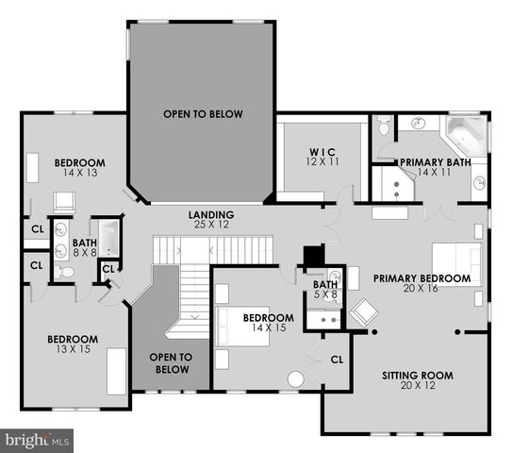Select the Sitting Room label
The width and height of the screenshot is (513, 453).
(418, 380)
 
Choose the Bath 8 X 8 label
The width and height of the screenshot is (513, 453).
(85, 247)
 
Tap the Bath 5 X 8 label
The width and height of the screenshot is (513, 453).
(325, 290)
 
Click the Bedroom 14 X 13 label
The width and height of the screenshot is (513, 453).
(79, 168)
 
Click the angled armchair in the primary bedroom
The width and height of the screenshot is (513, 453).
(363, 311)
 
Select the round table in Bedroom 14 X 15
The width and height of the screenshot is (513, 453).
(295, 379)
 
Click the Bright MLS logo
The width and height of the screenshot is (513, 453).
(38, 439)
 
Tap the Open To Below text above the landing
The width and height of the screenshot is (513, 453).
(203, 114)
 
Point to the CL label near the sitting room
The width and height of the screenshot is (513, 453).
(337, 359)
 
